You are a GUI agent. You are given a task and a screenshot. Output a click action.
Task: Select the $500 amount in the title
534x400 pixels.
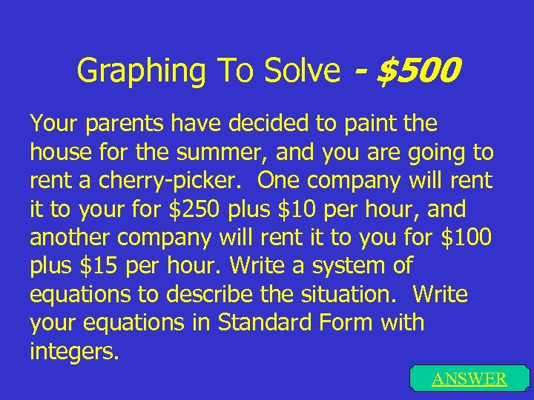418,71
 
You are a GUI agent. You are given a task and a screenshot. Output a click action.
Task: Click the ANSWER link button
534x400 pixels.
469,379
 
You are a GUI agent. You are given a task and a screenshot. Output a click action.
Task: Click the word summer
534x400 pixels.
234,152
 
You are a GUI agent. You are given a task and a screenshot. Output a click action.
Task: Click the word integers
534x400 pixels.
73,351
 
